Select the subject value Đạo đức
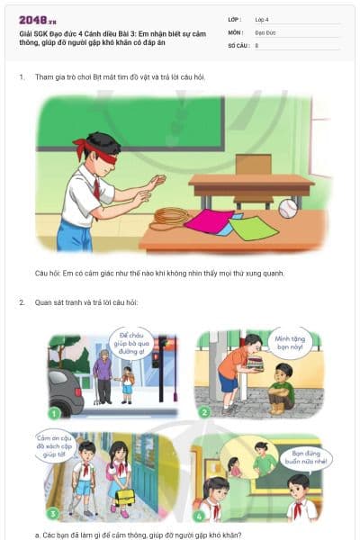[x=265, y=31]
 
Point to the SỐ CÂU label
[x=238, y=44]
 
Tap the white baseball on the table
[x=287, y=209]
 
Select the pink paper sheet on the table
[x=206, y=220]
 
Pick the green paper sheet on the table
[x=253, y=228]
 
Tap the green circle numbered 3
[x=53, y=513]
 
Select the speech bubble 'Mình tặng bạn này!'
[x=291, y=342]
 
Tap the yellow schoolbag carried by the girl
[x=124, y=498]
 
